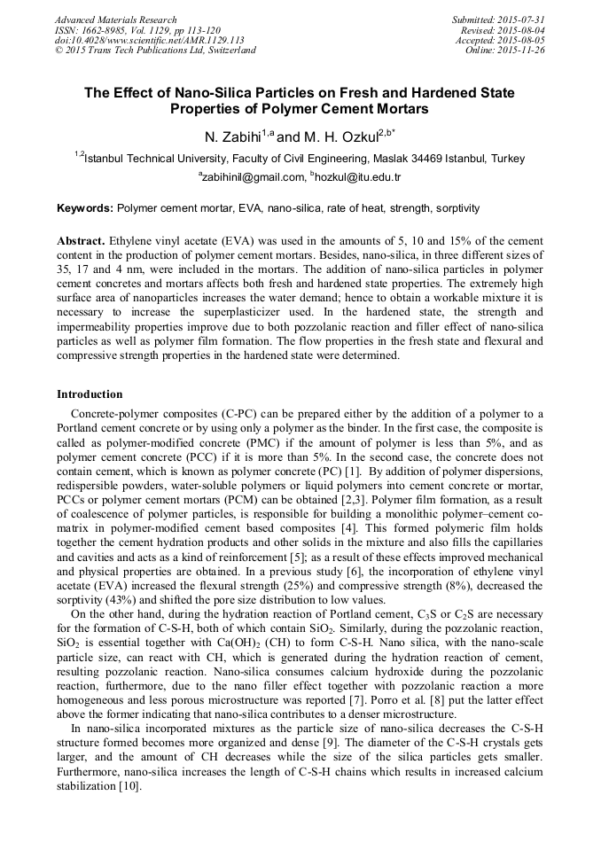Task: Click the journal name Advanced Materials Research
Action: point(115,19)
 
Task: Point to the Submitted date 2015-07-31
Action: point(521,19)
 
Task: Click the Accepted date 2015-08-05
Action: point(522,40)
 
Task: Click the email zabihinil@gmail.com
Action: point(254,177)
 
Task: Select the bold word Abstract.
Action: point(82,241)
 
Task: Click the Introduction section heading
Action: point(90,394)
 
